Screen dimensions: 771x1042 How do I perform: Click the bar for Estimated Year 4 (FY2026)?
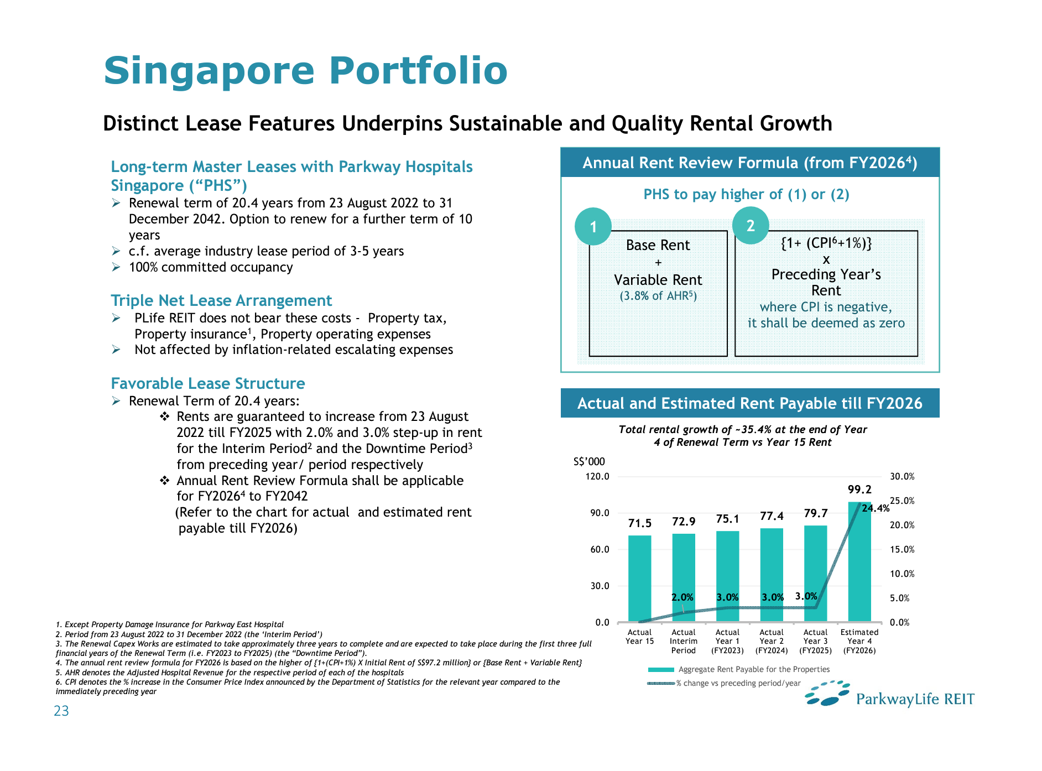pos(859,561)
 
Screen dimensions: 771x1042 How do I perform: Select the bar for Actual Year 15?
pos(639,579)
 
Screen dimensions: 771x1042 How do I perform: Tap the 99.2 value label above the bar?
pos(859,489)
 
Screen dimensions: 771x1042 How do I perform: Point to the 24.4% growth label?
pos(876,508)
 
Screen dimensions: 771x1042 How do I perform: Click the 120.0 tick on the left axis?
pos(597,477)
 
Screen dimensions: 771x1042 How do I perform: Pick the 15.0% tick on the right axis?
pos(902,550)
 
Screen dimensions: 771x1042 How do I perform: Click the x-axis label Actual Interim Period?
pos(684,642)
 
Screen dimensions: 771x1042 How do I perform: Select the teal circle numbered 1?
pos(593,226)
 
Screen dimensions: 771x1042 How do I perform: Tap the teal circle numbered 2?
pos(751,226)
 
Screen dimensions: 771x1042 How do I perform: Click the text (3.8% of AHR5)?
pos(658,296)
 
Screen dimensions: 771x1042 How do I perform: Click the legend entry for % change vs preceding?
pos(725,684)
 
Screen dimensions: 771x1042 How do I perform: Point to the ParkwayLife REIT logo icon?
pos(827,694)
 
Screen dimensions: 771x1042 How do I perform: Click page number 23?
pos(61,711)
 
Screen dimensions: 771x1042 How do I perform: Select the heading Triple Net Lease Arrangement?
pos(221,300)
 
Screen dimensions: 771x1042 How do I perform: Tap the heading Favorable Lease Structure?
pos(208,383)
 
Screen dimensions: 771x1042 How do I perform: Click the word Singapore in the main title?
pos(209,71)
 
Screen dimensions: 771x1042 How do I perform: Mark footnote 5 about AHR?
pos(230,673)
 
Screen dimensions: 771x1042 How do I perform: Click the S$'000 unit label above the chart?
pos(589,462)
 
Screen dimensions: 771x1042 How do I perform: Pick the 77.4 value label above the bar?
pos(772,517)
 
